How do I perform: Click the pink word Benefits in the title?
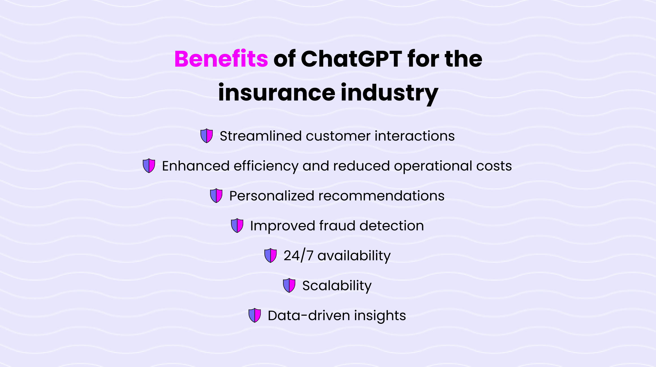tap(221, 59)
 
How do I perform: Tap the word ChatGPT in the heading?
tap(351, 59)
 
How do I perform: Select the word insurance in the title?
tap(277, 93)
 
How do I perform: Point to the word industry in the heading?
tap(390, 93)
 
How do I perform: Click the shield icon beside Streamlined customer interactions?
tap(207, 136)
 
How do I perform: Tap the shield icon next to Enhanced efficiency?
tap(149, 166)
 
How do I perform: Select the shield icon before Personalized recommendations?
tap(216, 196)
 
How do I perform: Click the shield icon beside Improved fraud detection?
tap(237, 226)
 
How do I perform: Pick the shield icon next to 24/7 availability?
tap(271, 255)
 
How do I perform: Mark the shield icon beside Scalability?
tap(289, 285)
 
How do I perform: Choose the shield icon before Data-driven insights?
tap(255, 315)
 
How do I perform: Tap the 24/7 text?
tap(298, 256)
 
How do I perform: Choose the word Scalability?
tap(337, 286)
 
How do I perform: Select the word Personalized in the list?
tap(272, 196)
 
